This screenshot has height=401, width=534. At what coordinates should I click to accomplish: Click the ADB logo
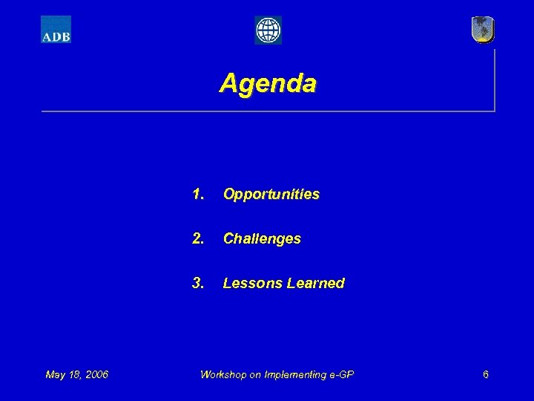[56, 30]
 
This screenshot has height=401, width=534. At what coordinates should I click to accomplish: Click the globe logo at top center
[268, 30]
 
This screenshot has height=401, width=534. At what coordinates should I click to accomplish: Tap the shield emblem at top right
[483, 30]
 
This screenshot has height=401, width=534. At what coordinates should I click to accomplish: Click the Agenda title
[267, 82]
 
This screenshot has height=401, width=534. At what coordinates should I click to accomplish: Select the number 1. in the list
[198, 195]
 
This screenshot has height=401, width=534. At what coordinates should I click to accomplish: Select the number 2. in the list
[198, 239]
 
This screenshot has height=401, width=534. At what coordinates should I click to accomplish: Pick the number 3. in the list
[198, 283]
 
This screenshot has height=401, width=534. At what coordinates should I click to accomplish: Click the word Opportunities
[271, 195]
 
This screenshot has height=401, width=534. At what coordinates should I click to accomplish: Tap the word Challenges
[262, 239]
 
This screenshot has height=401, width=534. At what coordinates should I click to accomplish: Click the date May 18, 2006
[76, 374]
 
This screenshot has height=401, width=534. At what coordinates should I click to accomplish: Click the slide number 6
[485, 374]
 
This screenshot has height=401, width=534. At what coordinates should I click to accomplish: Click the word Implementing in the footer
[291, 374]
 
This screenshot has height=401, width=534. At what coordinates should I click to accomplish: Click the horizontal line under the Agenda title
[267, 111]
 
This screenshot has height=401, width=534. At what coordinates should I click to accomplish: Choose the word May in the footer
[55, 374]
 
